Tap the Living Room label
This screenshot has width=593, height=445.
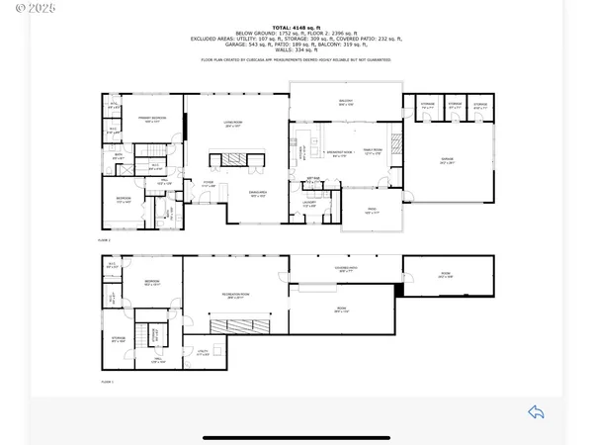pos(234,125)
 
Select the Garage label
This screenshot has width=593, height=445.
pos(448,160)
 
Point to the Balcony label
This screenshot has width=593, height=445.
pos(346,103)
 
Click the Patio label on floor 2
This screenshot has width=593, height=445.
pos(373,211)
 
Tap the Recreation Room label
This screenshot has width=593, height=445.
pos(235,296)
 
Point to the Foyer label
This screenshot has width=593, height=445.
pos(210,185)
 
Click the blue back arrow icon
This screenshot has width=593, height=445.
pos(536,411)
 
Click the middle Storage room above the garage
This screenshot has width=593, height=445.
pos(455,104)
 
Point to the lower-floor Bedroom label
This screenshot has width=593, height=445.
pos(152,283)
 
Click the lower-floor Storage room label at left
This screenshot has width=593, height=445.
pos(119,341)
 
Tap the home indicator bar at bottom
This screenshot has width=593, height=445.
pos(296,436)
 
